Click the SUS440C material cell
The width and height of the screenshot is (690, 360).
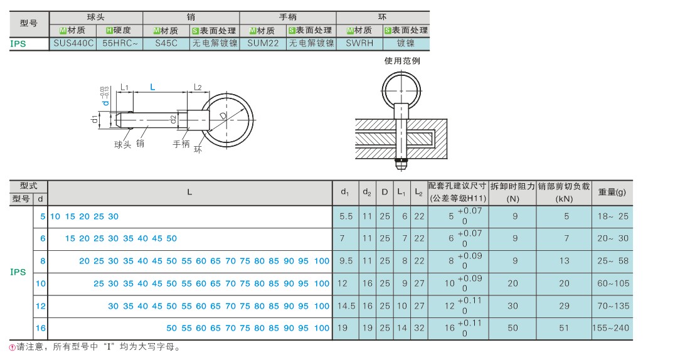[73, 43]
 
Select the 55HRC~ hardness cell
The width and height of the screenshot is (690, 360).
[120, 43]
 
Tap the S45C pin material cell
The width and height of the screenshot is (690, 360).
[166, 43]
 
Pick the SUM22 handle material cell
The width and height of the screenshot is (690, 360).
[263, 43]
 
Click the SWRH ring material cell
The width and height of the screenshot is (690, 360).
[359, 43]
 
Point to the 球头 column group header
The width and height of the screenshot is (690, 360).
[95, 18]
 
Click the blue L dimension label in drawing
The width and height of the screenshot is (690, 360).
[152, 87]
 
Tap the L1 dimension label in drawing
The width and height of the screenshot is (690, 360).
[124, 88]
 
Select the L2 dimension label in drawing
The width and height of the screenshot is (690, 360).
[198, 88]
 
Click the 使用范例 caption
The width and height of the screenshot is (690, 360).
[402, 61]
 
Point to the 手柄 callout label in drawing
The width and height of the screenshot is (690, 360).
[181, 144]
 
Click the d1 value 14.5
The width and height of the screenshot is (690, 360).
[346, 306]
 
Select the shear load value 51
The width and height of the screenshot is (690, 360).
[564, 328]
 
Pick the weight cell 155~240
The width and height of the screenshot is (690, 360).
[610, 328]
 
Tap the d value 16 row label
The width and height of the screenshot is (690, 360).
[41, 328]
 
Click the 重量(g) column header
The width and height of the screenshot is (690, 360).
[612, 192]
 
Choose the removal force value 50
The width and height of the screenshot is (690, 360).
[512, 328]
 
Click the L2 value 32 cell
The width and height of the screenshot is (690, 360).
[419, 328]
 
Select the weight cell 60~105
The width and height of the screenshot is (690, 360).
[613, 283]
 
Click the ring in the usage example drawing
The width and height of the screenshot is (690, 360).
[401, 91]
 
